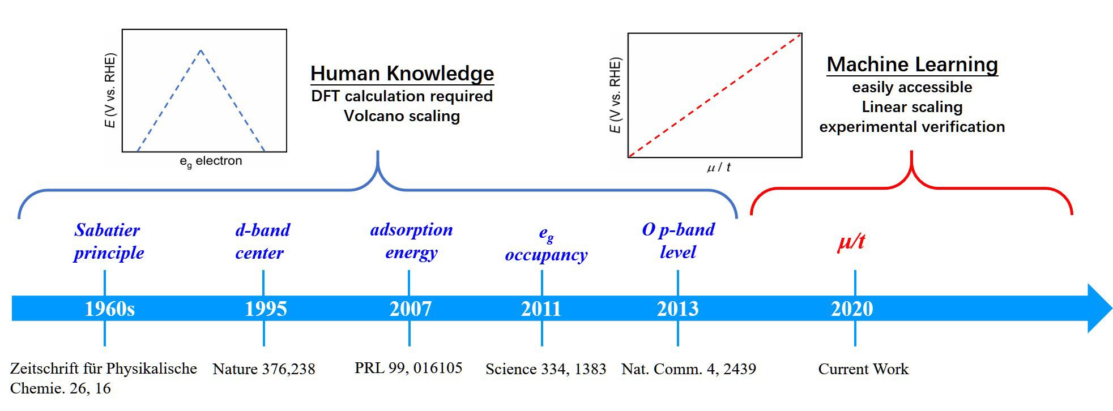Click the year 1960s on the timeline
[109, 309]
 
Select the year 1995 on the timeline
[266, 309]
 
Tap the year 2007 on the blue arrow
[410, 309]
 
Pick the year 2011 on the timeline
[541, 309]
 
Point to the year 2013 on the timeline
[677, 309]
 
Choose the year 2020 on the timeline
[852, 309]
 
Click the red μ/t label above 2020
[851, 242]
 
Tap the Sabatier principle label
[108, 241]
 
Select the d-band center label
[262, 241]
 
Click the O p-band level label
[678, 241]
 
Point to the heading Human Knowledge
[402, 74]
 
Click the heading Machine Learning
[912, 65]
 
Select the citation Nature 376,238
[264, 369]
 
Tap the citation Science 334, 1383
[545, 369]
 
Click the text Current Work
[863, 369]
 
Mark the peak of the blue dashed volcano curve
[201, 50]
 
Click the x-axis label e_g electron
[211, 161]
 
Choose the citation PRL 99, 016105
[408, 368]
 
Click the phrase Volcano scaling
[402, 116]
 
